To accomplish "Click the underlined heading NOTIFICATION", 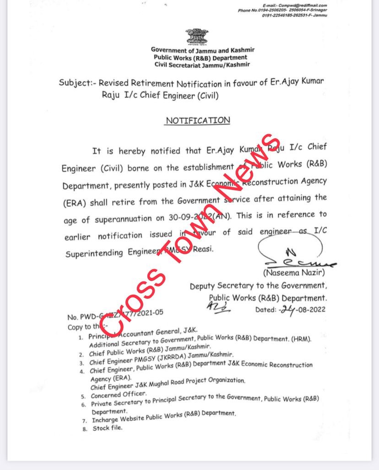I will tap(198, 121).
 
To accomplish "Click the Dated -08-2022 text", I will tap(290, 309).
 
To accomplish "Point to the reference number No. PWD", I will tap(114, 315).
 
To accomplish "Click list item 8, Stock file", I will tap(108, 428).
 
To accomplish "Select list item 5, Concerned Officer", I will tap(113, 394).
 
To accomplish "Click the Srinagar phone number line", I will tap(282, 10).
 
